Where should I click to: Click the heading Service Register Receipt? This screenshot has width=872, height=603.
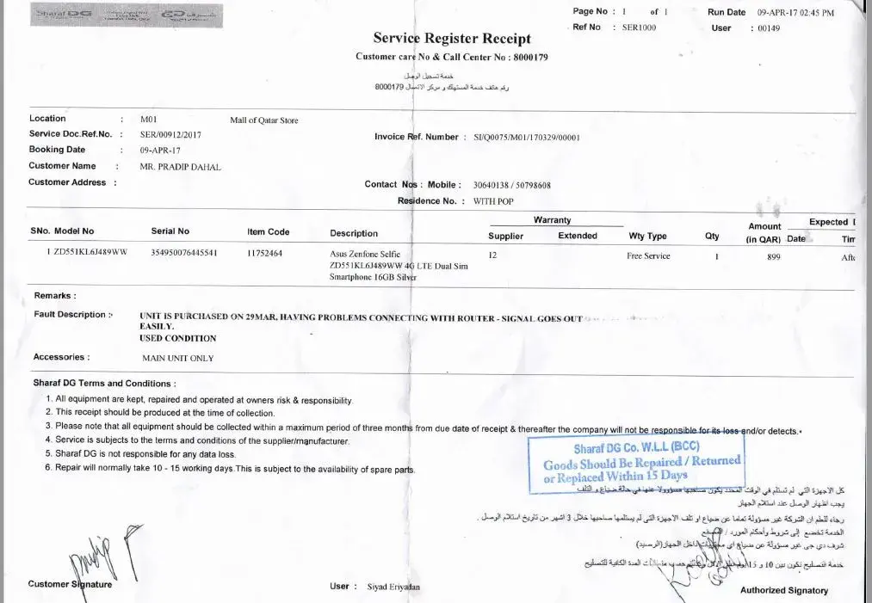(452, 38)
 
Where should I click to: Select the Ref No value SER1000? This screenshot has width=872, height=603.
(639, 28)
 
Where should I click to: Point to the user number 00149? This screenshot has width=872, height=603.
(768, 28)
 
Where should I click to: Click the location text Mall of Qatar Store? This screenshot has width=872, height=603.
(264, 120)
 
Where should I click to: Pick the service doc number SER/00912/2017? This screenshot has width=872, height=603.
(170, 135)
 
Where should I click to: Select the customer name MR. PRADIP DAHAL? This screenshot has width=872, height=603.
(180, 167)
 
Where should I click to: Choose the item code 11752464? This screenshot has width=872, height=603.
(265, 254)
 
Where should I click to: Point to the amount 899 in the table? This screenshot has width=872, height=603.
(773, 256)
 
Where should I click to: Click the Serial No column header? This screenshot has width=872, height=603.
(170, 231)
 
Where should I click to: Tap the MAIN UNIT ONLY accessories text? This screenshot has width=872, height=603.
(178, 358)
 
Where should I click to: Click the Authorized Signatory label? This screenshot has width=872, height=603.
(783, 591)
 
